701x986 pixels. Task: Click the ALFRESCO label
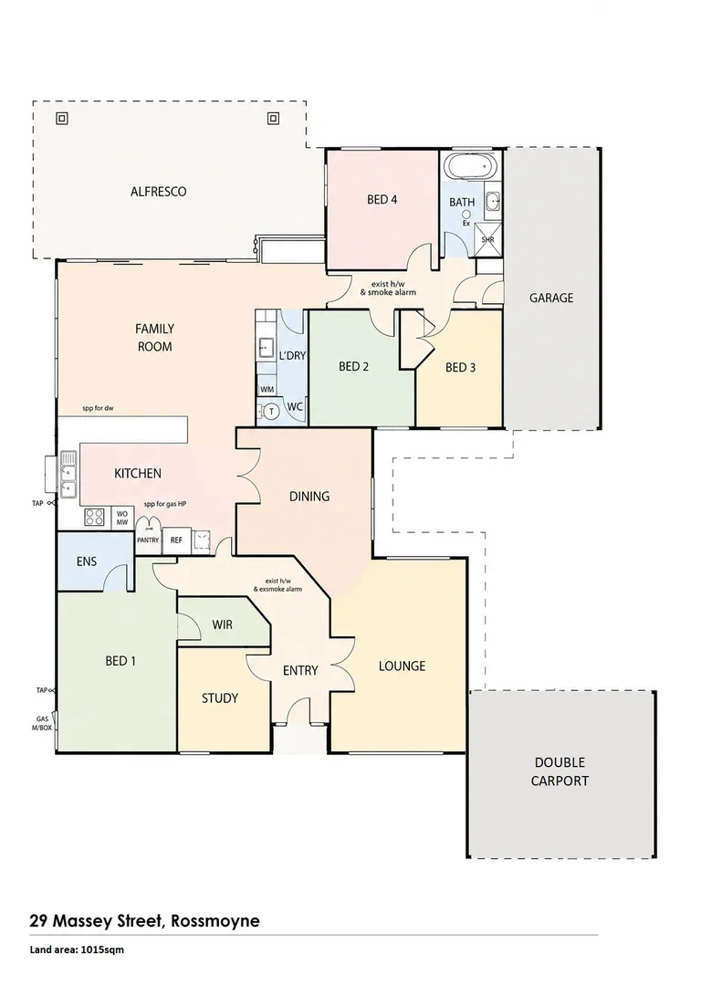pyautogui.click(x=159, y=192)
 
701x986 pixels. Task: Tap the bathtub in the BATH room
pyautogui.click(x=471, y=167)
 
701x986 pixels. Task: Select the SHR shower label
pyautogui.click(x=487, y=239)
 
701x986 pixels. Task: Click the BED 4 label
pyautogui.click(x=382, y=200)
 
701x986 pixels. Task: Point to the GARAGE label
pyautogui.click(x=551, y=298)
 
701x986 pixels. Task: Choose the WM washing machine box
pyautogui.click(x=267, y=390)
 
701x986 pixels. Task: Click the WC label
pyautogui.click(x=295, y=407)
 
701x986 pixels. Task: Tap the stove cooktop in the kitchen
pyautogui.click(x=94, y=517)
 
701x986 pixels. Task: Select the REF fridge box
pyautogui.click(x=176, y=540)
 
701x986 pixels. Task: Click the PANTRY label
pyautogui.click(x=149, y=540)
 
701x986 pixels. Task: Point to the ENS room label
pyautogui.click(x=87, y=561)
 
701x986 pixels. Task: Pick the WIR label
pyautogui.click(x=223, y=625)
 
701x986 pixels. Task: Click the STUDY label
pyautogui.click(x=220, y=698)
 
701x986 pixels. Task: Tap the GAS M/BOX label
pyautogui.click(x=42, y=723)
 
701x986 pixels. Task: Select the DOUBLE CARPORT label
pyautogui.click(x=560, y=772)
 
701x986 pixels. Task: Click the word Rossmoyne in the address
pyautogui.click(x=215, y=922)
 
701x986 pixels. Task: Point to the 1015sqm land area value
pyautogui.click(x=102, y=950)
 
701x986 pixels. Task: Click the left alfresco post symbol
pyautogui.click(x=62, y=118)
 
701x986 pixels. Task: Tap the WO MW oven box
pyautogui.click(x=122, y=519)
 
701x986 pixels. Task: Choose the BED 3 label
pyautogui.click(x=461, y=368)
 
